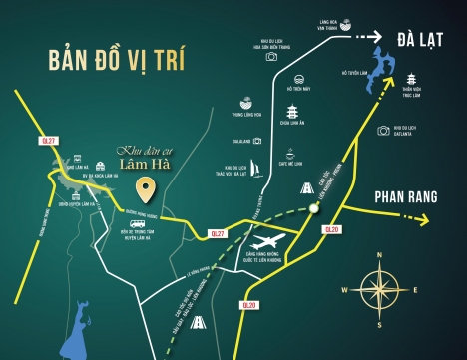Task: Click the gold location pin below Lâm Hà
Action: pos(146,187)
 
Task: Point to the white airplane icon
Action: pos(268,242)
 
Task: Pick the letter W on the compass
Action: pos(343,290)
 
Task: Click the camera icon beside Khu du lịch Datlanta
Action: pos(382,131)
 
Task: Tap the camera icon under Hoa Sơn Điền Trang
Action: pos(271,57)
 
